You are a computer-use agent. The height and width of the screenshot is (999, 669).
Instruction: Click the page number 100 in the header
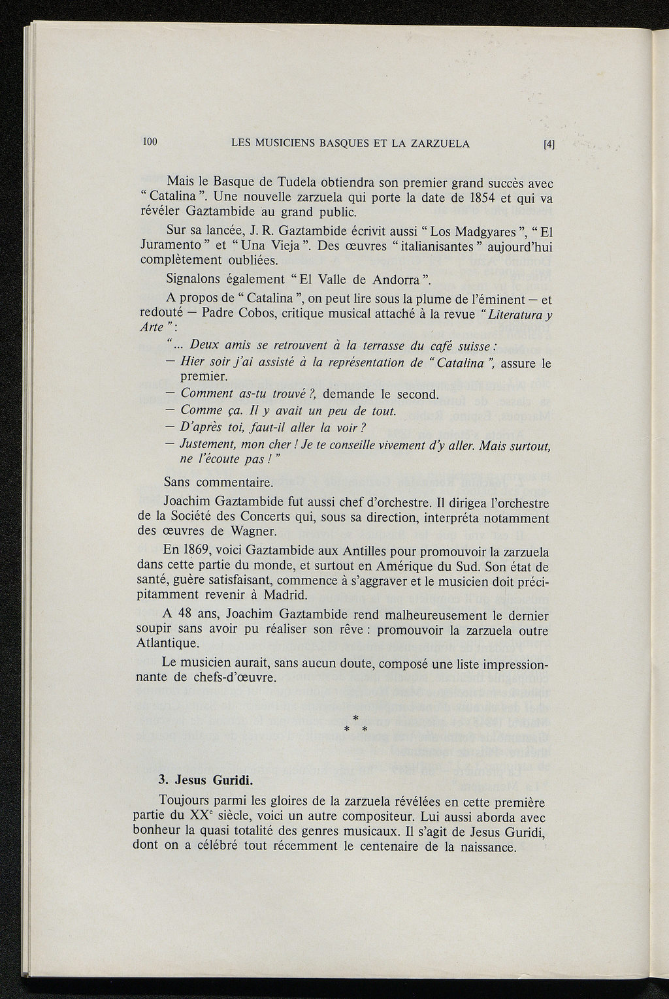tap(150, 142)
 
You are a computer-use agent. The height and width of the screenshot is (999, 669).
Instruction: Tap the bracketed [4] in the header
tap(549, 144)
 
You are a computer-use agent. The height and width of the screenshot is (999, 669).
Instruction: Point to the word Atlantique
tap(169, 644)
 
